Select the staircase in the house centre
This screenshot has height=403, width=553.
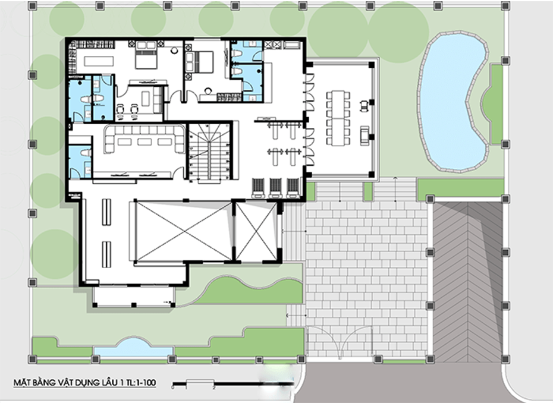209,152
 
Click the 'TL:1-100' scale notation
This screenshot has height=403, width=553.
143,383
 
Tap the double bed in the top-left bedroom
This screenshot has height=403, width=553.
146,58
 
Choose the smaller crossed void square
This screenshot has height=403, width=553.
256,231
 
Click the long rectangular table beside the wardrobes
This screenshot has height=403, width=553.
100,61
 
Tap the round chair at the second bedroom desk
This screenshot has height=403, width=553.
208,91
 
